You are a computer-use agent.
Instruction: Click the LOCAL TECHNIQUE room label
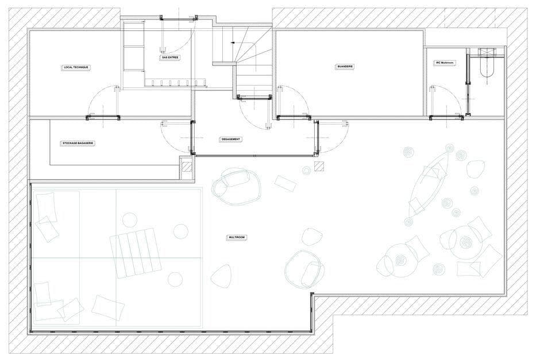click(76, 68)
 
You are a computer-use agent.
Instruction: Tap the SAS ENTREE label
click(169, 57)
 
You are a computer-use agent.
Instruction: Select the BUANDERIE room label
click(345, 67)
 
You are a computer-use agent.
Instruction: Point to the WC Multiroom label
click(446, 63)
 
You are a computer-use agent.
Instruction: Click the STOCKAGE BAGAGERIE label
click(78, 143)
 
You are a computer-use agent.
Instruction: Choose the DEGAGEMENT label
click(230, 140)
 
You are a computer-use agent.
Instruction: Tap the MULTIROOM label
click(237, 237)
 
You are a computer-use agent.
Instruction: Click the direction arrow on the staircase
click(233, 42)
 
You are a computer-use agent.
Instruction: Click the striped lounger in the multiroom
click(135, 252)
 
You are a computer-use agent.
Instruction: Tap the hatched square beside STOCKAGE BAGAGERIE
click(186, 167)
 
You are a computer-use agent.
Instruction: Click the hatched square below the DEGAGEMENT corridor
click(319, 167)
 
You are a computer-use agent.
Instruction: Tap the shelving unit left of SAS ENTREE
click(133, 52)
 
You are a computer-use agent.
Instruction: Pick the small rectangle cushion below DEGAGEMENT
click(285, 183)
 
